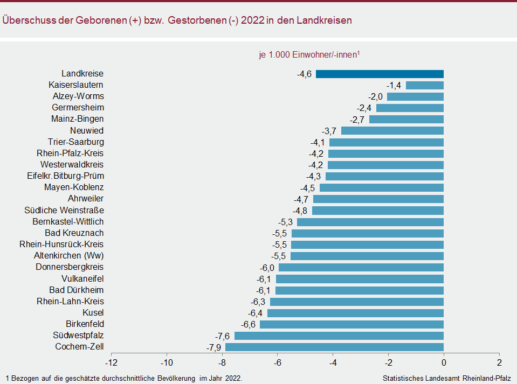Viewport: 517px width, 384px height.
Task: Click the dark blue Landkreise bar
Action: point(380,74)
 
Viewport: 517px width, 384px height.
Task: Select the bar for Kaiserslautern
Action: point(424,85)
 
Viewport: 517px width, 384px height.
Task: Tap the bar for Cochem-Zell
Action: point(334,347)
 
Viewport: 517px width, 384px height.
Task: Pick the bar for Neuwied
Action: point(392,130)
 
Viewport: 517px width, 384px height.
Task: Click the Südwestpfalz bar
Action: point(339,336)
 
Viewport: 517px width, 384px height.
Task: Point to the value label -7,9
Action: point(214,347)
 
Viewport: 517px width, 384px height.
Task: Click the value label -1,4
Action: point(394,85)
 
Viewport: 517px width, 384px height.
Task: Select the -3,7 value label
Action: point(329,131)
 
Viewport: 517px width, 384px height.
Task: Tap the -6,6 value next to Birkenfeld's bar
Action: point(248,324)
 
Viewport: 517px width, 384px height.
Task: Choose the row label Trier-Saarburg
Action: point(76,142)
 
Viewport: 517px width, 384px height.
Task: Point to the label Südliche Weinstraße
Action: point(64,210)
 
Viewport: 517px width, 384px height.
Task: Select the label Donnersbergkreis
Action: point(70,267)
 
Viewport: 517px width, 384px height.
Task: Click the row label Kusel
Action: point(93,313)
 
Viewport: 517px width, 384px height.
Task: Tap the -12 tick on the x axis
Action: point(111,362)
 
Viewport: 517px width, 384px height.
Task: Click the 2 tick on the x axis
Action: point(499,362)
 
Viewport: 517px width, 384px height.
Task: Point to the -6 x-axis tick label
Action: point(278,362)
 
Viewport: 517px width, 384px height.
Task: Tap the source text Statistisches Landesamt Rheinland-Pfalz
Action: point(446,378)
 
